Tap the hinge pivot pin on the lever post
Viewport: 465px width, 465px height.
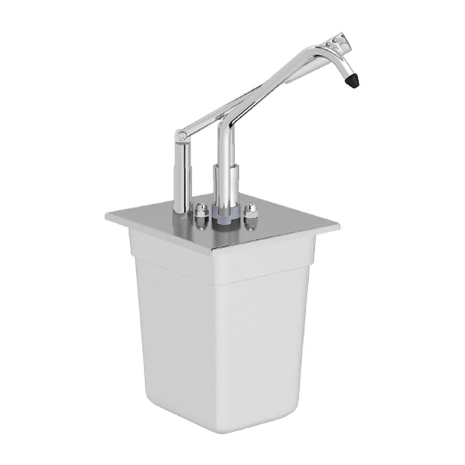tap(183, 136)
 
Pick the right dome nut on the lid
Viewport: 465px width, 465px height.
tap(251, 210)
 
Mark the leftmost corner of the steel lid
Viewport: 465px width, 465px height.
tap(106, 216)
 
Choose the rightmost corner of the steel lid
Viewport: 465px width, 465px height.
tap(339, 224)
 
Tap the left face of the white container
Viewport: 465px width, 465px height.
tap(174, 325)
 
